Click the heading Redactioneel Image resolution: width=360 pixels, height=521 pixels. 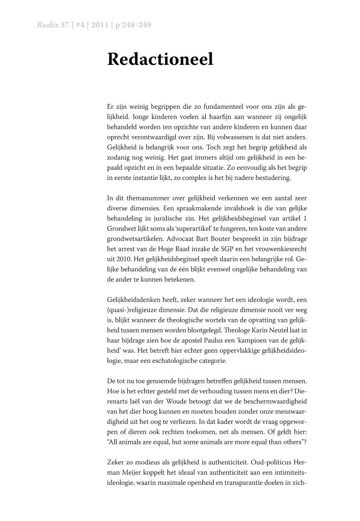(160, 59)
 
